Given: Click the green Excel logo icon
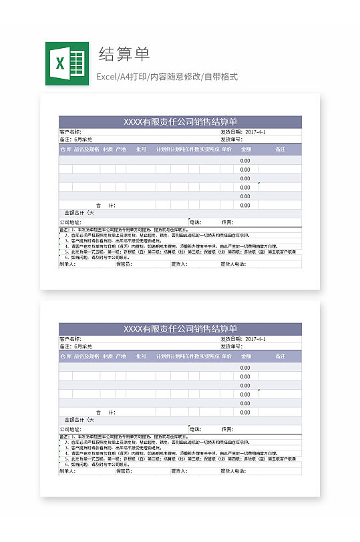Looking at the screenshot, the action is click(x=67, y=63).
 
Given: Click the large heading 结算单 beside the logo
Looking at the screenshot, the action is click(x=124, y=54).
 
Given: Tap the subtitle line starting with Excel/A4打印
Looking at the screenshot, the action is click(x=167, y=77).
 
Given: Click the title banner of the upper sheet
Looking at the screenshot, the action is click(x=180, y=121).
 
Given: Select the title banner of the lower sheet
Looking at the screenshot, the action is click(x=180, y=328).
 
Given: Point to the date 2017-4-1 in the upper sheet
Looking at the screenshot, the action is click(x=256, y=132).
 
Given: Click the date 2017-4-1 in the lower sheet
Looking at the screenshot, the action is click(x=256, y=339).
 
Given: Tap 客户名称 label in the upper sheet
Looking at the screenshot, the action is click(x=70, y=132).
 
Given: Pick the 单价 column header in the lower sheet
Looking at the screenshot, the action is click(x=226, y=356).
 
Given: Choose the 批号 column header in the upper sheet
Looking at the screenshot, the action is click(x=141, y=150).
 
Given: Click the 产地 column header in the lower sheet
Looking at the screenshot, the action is click(x=121, y=356).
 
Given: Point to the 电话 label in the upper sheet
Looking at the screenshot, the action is click(x=195, y=222).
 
